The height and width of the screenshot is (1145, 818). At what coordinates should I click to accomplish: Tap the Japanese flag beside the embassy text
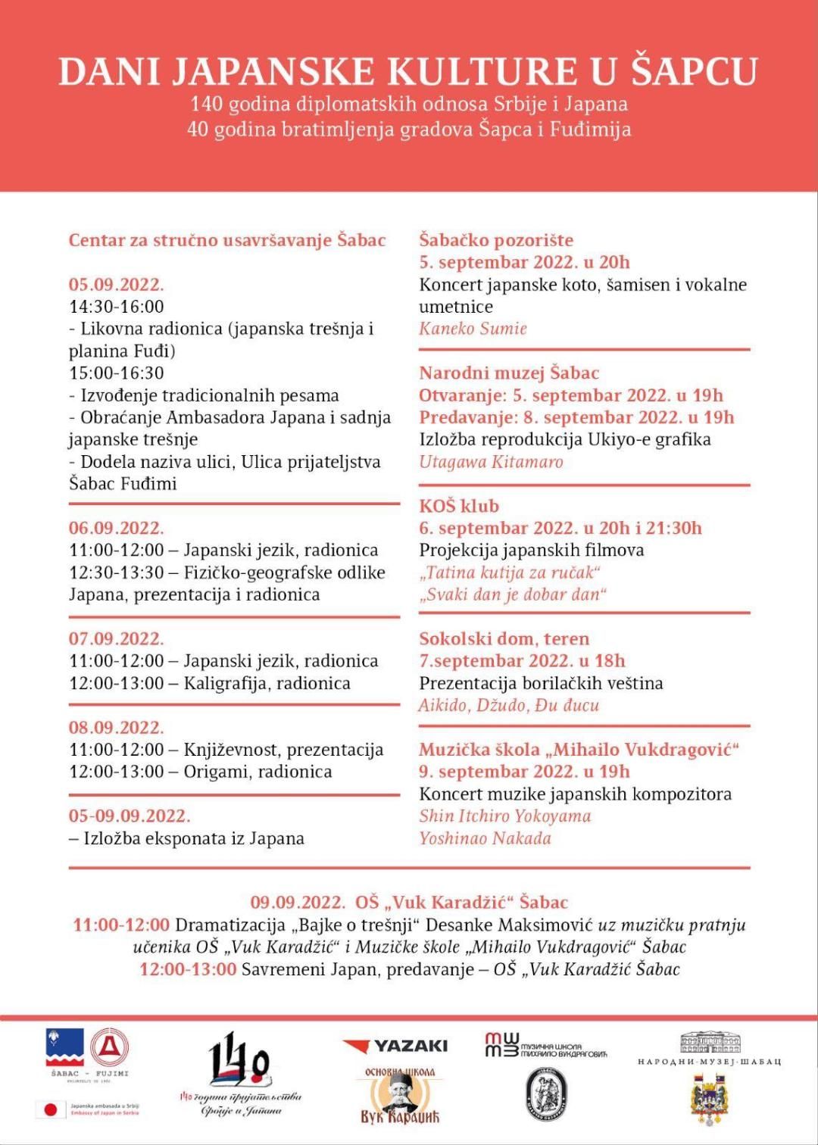tap(51, 1109)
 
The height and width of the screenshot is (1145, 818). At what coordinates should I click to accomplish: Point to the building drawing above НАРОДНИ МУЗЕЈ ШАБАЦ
tap(710, 1043)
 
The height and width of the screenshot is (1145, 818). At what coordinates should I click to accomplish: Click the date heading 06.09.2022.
tap(116, 528)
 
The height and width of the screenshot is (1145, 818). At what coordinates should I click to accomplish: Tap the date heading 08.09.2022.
tap(116, 728)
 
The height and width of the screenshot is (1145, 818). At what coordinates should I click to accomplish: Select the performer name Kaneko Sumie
tap(473, 329)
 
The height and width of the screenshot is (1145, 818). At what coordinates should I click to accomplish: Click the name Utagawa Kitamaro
tap(491, 462)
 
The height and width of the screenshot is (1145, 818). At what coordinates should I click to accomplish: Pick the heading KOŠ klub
tap(459, 506)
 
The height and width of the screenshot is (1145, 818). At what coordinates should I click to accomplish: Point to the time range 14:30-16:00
tap(116, 307)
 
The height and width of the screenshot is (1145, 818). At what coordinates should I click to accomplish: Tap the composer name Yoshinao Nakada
tap(485, 838)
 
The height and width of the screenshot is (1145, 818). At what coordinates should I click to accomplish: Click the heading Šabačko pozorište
tap(496, 240)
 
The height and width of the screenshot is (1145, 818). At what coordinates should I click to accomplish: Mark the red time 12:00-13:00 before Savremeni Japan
tap(188, 969)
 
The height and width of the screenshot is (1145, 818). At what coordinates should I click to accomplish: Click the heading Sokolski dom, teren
tap(504, 639)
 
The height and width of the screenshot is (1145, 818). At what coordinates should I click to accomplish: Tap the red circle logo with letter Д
tap(109, 1048)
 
